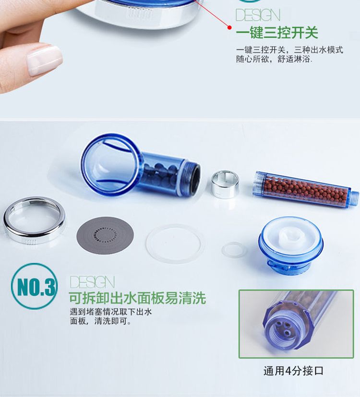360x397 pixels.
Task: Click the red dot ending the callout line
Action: pyautogui.click(x=230, y=27)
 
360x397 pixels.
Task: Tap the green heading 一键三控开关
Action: pyautogui.click(x=277, y=33)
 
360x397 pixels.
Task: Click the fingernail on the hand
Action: pyautogui.click(x=44, y=60)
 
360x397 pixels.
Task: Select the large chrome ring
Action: pyautogui.click(x=34, y=220)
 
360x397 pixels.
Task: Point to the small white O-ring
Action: pyautogui.click(x=234, y=250)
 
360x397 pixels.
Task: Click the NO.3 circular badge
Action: pyautogui.click(x=34, y=286)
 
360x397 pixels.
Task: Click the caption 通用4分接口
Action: pyautogui.click(x=294, y=371)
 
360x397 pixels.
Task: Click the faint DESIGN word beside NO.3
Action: pyautogui.click(x=92, y=282)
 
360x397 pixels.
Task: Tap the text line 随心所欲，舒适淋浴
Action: pyautogui.click(x=274, y=59)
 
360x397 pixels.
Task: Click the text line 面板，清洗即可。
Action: pyautogui.click(x=101, y=321)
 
